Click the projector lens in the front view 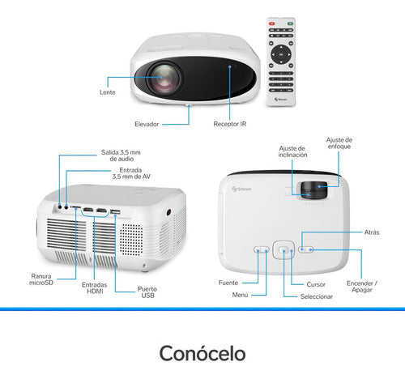point(164,79)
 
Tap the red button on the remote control point(271,23)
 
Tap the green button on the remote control point(290,23)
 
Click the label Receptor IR point(230,124)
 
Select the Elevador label point(147,124)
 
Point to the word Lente point(108,92)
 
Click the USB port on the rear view point(115,212)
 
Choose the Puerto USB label point(147,292)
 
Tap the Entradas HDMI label point(95,287)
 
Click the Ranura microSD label point(41,279)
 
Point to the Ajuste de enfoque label point(339,143)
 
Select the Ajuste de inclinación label point(292,151)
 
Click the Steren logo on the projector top point(241,189)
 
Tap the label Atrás point(372,232)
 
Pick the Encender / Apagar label point(362,287)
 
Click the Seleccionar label point(317,296)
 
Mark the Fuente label point(228,283)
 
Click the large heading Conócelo point(202,353)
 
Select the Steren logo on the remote point(281,100)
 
